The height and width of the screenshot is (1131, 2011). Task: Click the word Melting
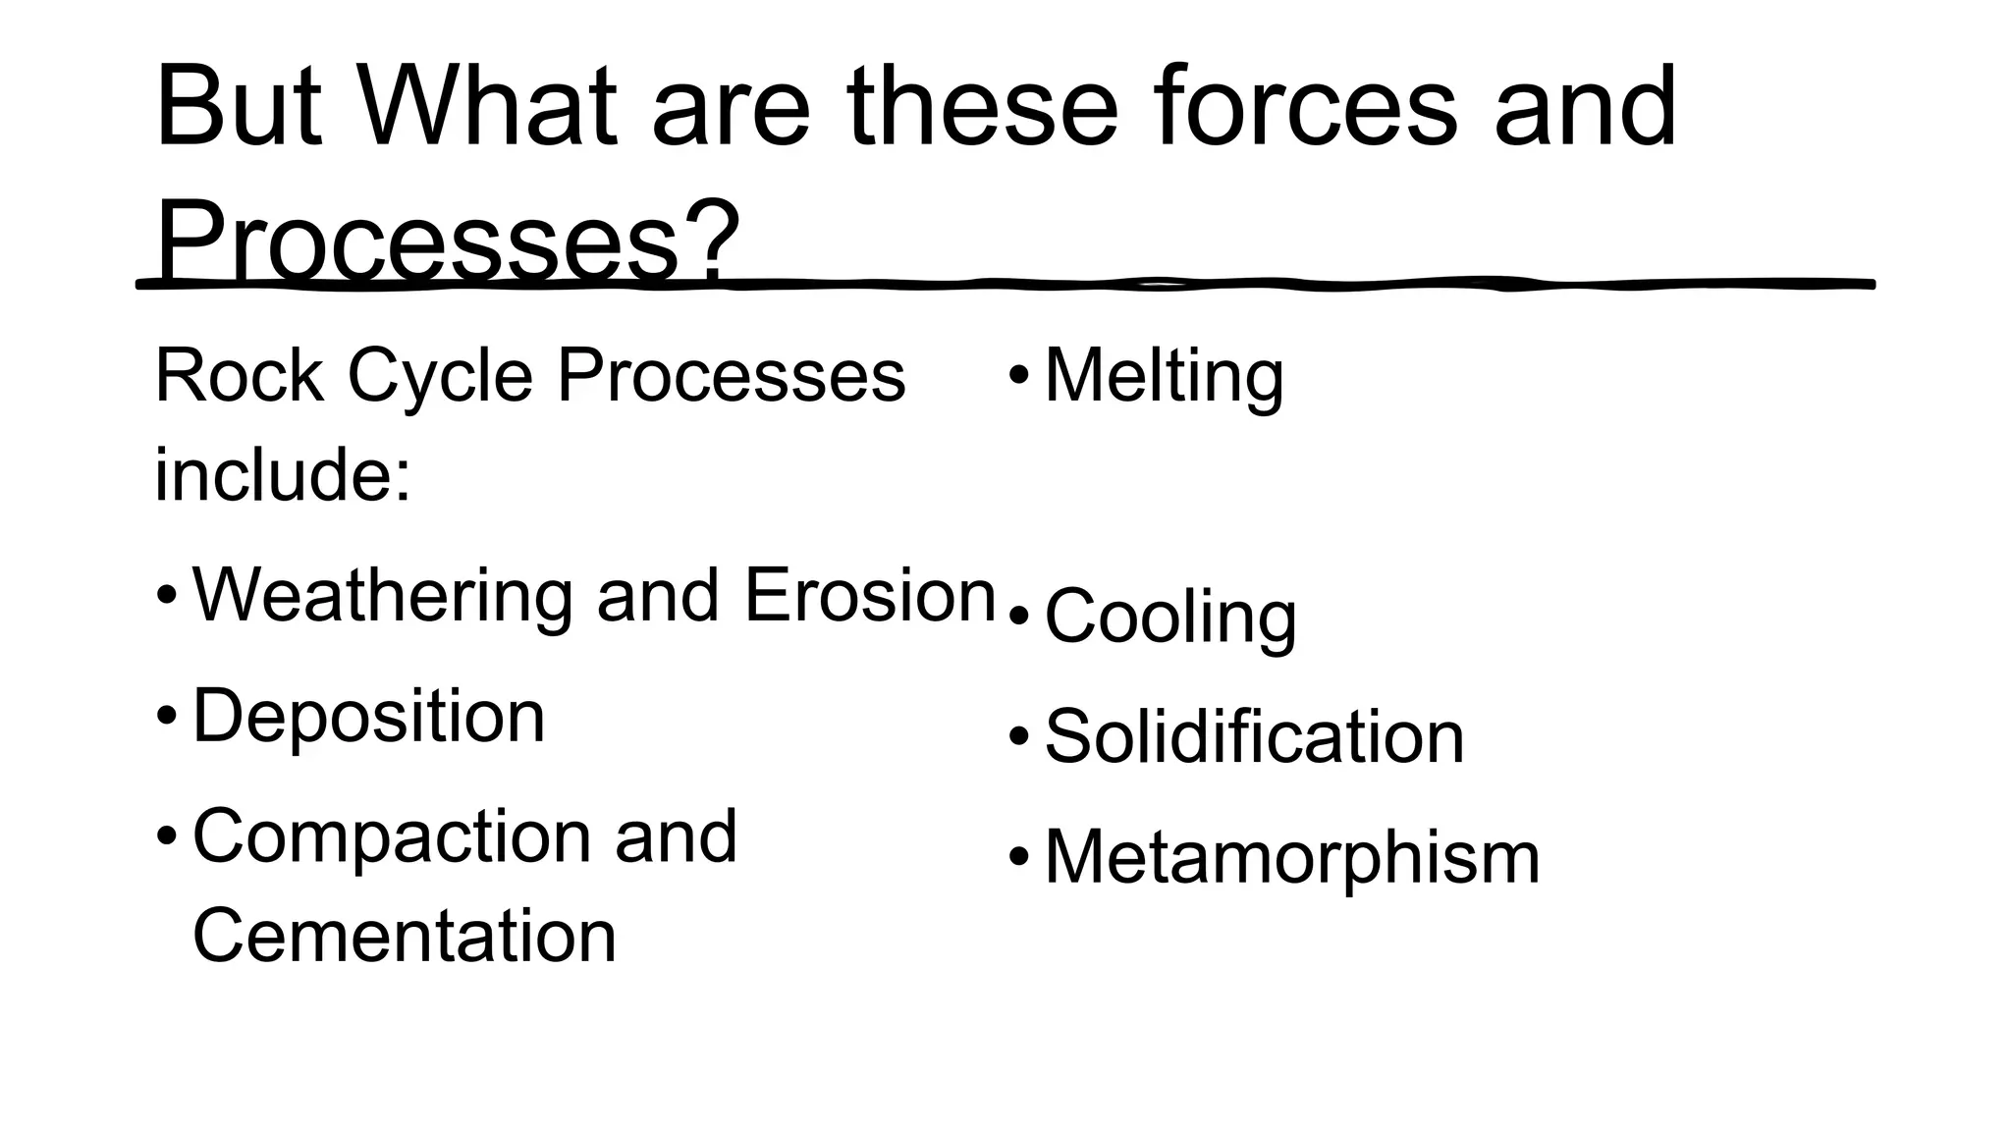click(1164, 376)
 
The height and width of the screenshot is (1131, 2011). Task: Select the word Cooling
click(1170, 617)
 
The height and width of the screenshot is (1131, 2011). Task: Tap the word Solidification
click(1254, 736)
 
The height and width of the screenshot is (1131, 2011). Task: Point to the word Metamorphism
click(1292, 857)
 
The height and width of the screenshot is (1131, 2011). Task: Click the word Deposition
click(368, 717)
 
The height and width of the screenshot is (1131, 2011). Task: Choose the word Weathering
click(381, 596)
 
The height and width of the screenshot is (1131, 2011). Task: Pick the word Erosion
click(871, 595)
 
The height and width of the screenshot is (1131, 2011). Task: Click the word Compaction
click(391, 836)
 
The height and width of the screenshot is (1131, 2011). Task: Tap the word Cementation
click(405, 936)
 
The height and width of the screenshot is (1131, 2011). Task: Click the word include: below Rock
click(283, 475)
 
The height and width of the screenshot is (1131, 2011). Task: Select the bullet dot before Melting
click(1019, 376)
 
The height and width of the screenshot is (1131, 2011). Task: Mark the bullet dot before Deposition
click(167, 716)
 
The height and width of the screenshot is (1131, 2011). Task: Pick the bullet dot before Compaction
click(167, 836)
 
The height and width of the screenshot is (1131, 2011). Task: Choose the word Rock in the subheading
click(240, 376)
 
